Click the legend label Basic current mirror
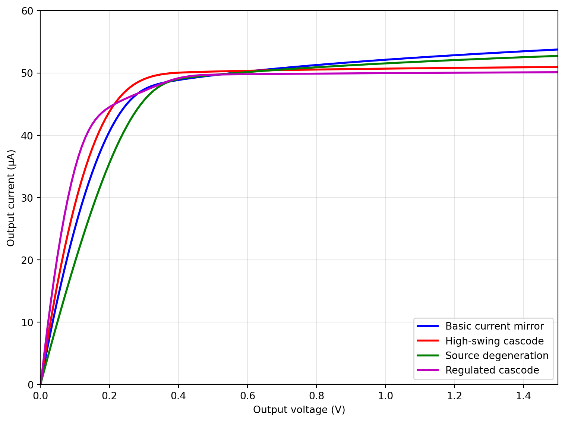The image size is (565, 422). click(494, 326)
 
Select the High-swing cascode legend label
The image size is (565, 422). click(494, 341)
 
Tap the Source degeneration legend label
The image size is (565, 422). click(497, 356)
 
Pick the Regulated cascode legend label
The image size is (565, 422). click(492, 370)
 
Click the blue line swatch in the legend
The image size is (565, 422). click(428, 326)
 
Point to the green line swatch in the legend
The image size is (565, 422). click(428, 356)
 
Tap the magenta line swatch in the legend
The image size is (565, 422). click(428, 370)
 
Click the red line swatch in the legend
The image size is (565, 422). click(428, 341)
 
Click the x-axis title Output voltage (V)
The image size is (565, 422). click(299, 410)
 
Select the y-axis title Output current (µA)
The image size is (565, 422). click(11, 198)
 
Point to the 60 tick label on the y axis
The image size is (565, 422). click(28, 11)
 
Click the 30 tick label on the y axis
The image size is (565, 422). click(28, 198)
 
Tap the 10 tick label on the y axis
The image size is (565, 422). click(28, 322)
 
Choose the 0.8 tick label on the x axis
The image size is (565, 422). click(316, 396)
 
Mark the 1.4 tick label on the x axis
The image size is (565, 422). click(523, 396)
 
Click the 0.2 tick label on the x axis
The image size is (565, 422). click(109, 396)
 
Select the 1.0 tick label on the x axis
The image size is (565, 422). click(385, 396)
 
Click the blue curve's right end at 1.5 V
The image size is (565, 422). click(557, 50)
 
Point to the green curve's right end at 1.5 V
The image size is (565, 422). click(557, 56)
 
